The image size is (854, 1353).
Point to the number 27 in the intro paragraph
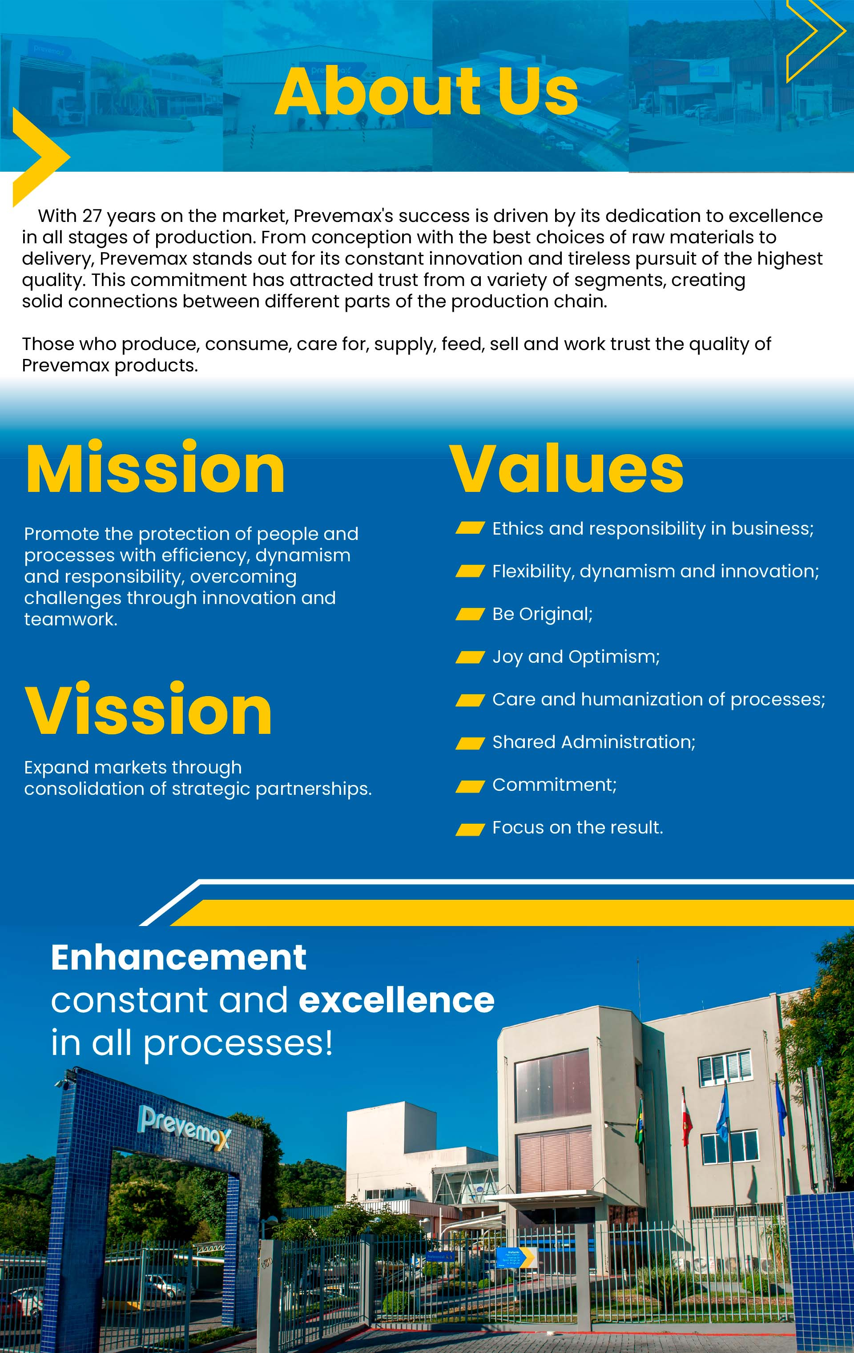(92, 216)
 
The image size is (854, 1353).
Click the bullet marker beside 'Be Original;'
(470, 614)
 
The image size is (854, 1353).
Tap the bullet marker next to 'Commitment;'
(470, 786)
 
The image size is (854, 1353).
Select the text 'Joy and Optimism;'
(576, 657)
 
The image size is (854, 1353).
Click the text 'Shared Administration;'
(594, 742)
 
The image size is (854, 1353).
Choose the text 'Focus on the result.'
(578, 827)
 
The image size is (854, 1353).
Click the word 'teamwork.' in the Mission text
(71, 619)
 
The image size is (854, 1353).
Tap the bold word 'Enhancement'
(179, 958)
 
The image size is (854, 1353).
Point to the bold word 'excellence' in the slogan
(397, 1001)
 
